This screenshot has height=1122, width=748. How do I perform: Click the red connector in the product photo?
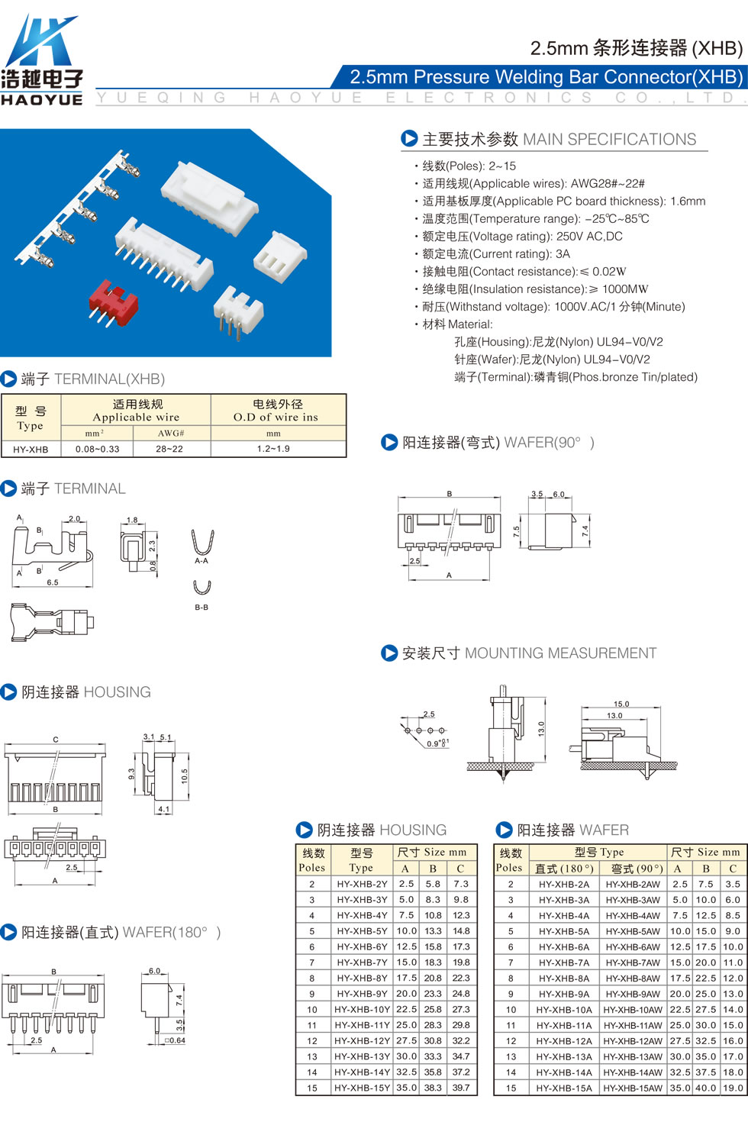coord(113,302)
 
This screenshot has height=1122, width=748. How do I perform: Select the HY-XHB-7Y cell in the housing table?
coord(362,962)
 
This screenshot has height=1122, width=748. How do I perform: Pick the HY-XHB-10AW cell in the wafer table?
coord(633,1009)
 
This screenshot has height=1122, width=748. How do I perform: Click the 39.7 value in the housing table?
coord(461,1088)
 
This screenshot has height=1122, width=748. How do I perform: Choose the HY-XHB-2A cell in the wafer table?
coord(564,884)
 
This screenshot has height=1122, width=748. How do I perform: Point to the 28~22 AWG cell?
coord(169,449)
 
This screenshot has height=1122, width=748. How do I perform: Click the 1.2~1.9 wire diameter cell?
coord(273,449)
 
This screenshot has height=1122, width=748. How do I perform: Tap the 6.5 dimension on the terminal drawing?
coord(53,582)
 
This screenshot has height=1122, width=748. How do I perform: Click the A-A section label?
coord(202,560)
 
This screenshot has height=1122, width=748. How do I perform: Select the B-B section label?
coord(202,607)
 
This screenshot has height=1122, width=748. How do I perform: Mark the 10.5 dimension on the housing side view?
coord(185,776)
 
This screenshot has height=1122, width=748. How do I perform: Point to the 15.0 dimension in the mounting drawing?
coord(621,704)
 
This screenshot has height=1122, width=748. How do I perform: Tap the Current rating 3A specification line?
coord(496,254)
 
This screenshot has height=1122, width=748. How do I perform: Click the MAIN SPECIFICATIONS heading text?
coord(609,139)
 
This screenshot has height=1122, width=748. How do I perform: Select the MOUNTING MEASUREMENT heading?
coord(561,653)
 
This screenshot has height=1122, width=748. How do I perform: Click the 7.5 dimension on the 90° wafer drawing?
coord(516,531)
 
